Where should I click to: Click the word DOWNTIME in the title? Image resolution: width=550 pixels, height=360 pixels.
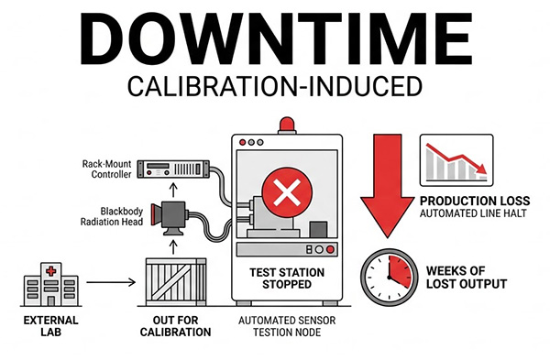tap(276, 38)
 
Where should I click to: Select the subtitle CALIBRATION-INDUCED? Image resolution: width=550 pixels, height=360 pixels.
tap(275, 87)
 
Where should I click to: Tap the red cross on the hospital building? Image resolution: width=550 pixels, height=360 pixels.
tap(51, 271)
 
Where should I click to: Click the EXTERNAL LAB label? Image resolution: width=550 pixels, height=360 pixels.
tap(50, 326)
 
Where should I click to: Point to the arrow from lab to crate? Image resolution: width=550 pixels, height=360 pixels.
tap(111, 282)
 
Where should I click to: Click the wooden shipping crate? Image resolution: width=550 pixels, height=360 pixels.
tap(176, 282)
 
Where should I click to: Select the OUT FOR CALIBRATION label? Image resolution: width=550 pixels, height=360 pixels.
tap(175, 326)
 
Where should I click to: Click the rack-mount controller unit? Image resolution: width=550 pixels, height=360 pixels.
tap(173, 169)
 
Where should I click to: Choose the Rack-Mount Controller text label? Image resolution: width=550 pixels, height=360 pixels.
tap(106, 169)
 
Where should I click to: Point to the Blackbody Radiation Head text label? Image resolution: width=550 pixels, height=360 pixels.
tap(112, 216)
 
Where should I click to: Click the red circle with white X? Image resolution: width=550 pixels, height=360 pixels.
tap(287, 192)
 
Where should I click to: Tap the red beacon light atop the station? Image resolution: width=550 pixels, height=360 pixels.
tap(287, 125)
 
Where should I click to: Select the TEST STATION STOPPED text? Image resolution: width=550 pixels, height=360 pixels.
tap(287, 278)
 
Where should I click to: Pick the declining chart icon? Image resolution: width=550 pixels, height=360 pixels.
tap(456, 160)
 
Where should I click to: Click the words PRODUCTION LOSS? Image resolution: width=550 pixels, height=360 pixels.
tap(475, 202)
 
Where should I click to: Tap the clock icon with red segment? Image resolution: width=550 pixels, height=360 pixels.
tap(390, 278)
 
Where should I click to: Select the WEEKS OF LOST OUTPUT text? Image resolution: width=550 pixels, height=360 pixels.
tap(467, 278)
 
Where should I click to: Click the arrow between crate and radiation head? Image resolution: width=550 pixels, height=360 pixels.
tap(172, 247)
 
